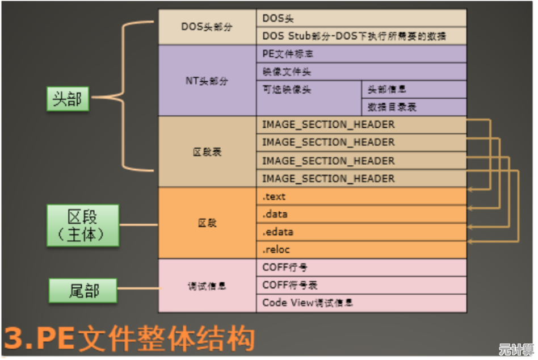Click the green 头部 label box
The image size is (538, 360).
[x=67, y=99]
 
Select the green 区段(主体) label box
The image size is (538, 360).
[x=82, y=225]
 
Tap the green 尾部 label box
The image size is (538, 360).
[x=83, y=291]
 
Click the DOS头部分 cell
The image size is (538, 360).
[x=207, y=27]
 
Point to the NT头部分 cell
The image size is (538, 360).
[x=207, y=81]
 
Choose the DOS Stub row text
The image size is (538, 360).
[x=354, y=36]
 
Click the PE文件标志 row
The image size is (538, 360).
[x=362, y=55]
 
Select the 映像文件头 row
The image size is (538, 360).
[x=362, y=72]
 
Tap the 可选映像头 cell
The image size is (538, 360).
[x=309, y=98]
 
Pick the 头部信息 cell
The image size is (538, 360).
[x=414, y=90]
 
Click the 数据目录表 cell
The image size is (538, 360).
[x=414, y=107]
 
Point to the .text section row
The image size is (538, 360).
[x=362, y=197]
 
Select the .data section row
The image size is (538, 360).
[x=362, y=214]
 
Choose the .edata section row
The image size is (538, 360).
[x=362, y=232]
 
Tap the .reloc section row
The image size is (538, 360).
[x=362, y=249]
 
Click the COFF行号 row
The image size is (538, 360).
[x=362, y=267]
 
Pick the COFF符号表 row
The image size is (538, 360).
[x=362, y=285]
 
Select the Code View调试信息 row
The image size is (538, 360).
[x=362, y=303]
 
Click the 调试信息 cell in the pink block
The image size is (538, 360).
[x=207, y=286]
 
